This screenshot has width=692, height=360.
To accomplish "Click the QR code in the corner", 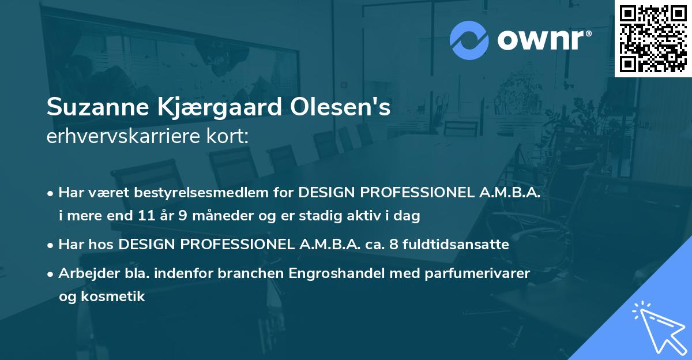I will pos(653,38).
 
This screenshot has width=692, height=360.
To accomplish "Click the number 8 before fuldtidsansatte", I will pos(394,245).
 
